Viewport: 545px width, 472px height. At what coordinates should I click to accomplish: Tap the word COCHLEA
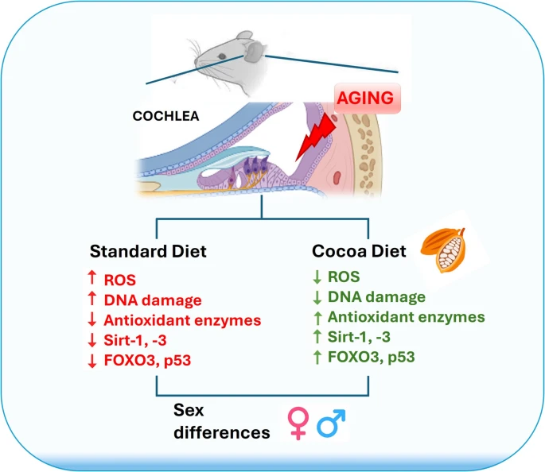pos(165,116)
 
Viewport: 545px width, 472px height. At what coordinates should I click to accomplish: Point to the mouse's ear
pos(254,53)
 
